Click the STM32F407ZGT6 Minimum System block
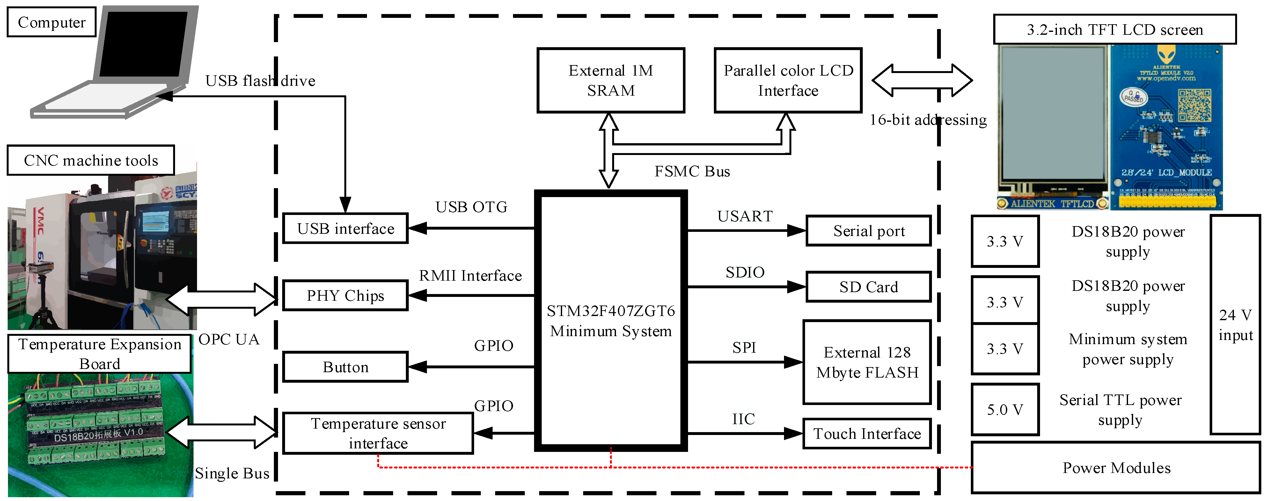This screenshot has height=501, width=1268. (x=610, y=321)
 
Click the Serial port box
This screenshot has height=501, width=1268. (x=868, y=231)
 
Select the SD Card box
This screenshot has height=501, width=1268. (x=868, y=287)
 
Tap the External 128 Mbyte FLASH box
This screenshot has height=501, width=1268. (x=867, y=362)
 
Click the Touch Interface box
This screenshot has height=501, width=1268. (x=867, y=434)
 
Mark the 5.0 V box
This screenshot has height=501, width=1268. (x=1005, y=409)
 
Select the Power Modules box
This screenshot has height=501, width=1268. (x=1116, y=468)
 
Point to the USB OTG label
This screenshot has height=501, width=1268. (x=471, y=207)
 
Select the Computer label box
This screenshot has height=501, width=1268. (x=51, y=22)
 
